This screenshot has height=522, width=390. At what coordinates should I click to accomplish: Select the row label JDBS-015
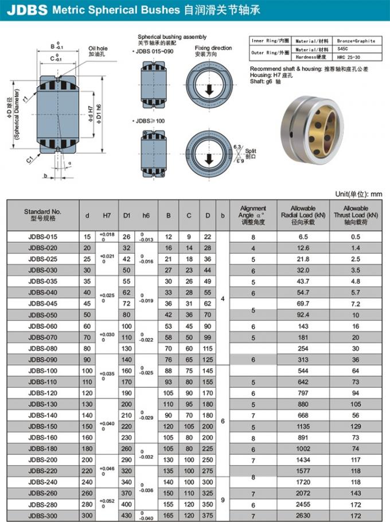(42, 237)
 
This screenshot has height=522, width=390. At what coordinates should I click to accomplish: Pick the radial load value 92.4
(303, 315)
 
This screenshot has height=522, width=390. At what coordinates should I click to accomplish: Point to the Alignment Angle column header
(252, 215)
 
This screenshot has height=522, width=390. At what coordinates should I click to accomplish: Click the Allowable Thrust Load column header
(356, 215)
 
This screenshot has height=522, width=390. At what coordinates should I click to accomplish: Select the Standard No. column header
(42, 215)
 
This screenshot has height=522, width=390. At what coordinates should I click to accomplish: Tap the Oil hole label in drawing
(97, 51)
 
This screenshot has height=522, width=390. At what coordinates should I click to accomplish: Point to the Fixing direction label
(213, 51)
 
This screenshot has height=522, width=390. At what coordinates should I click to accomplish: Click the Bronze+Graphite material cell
(356, 41)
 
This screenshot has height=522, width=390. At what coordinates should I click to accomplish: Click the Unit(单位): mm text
(358, 194)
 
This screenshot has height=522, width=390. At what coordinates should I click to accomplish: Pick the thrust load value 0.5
(356, 237)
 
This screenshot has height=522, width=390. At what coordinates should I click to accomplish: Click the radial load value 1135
(303, 426)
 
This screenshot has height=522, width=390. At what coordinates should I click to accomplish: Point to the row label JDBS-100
(42, 371)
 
